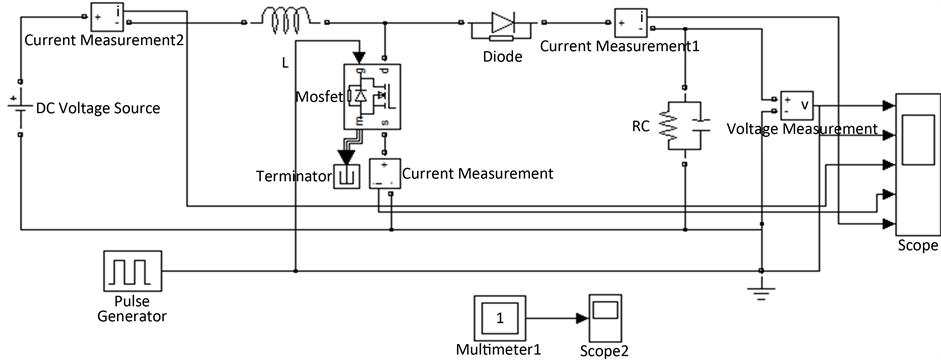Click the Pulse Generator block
pos(132,271)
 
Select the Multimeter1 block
pos(499,318)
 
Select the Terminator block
pos(347,176)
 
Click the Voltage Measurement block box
pos(798,106)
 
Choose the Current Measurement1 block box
pos(630,23)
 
